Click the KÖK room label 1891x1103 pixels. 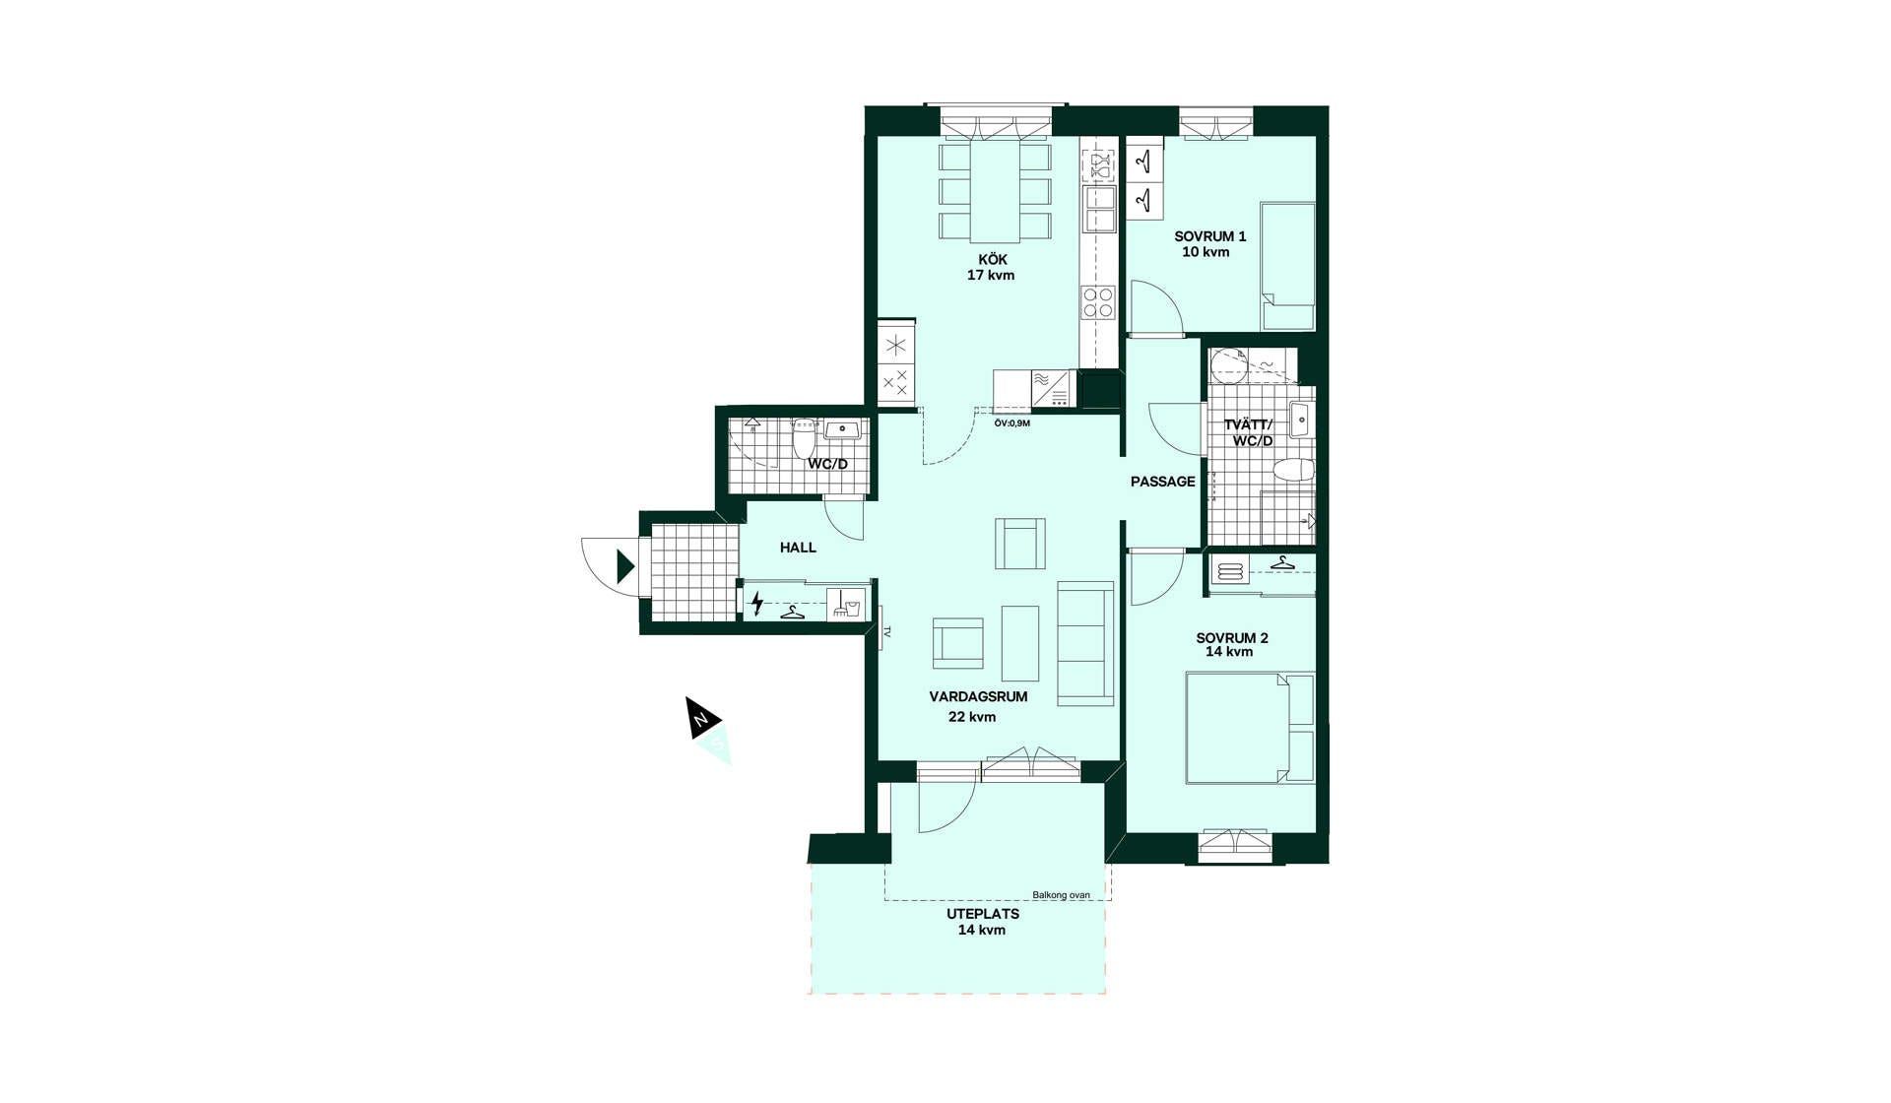coord(993,260)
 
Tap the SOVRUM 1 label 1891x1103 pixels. coord(1209,236)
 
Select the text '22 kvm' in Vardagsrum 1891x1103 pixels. coord(972,717)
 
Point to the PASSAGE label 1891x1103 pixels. coord(1163,482)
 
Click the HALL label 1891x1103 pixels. coord(798,548)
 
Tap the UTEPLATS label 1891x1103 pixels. coord(983,914)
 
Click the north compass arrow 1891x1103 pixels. coord(702,718)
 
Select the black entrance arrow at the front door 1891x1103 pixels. coord(625,566)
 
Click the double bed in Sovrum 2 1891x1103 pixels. coord(1250,728)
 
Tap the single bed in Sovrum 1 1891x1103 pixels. coord(1288,267)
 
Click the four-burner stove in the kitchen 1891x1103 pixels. coord(1098,302)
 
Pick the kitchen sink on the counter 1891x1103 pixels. coord(1099,209)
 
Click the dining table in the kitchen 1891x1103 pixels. coord(995,191)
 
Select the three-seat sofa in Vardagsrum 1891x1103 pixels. coord(1086,643)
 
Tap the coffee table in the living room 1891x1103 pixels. coord(1020,643)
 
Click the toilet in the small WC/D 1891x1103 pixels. coord(805,438)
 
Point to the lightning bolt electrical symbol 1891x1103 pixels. coord(756,603)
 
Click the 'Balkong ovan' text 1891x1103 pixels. coord(1061,895)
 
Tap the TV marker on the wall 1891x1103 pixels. coord(885,632)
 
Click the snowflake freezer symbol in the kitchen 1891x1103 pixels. coord(896,345)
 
